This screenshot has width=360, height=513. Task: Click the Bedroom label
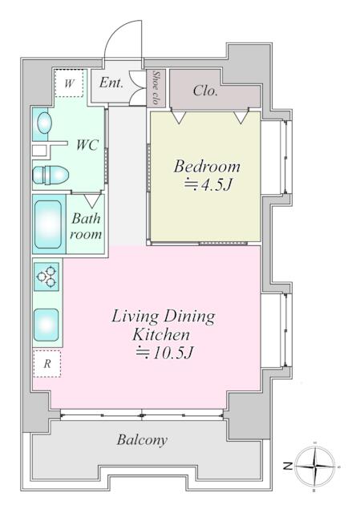tap(207, 167)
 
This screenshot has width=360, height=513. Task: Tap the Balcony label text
tap(142, 440)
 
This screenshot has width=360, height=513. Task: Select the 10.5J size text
tap(165, 353)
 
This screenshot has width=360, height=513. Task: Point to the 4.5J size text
tap(208, 185)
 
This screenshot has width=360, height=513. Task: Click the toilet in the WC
tap(51, 175)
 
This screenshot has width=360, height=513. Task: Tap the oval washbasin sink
tap(45, 123)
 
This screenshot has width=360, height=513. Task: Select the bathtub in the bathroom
tap(48, 224)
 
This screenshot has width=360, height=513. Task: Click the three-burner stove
tap(47, 277)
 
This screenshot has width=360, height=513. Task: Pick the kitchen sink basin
tap(47, 325)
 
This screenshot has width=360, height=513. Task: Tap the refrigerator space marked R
tap(47, 364)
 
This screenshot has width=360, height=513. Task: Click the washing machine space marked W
tap(69, 83)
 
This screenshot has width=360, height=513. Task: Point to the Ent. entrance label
tap(111, 83)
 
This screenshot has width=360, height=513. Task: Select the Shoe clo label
tap(156, 87)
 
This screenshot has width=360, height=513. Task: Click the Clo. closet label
tap(205, 91)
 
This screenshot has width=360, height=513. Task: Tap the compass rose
tap(314, 466)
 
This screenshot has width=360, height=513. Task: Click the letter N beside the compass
tap(288, 466)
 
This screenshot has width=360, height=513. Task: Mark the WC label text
tap(87, 145)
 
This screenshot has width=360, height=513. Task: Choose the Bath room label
tap(86, 226)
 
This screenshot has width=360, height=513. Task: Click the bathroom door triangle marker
tap(92, 201)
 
